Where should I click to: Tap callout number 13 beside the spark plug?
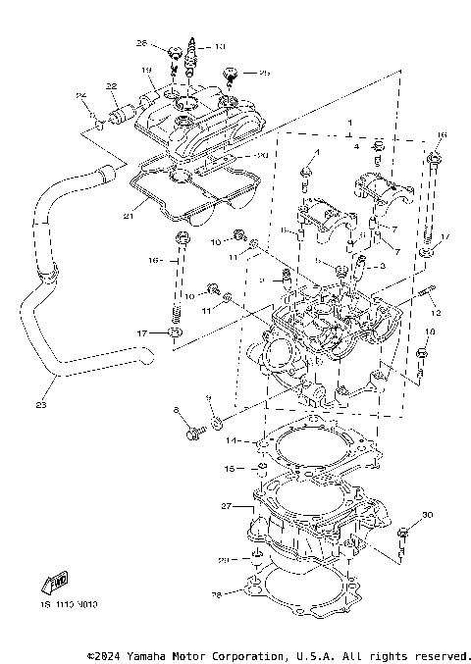tap(219, 46)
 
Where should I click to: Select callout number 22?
tap(112, 86)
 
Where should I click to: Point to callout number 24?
tap(82, 95)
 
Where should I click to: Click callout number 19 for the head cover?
tap(145, 71)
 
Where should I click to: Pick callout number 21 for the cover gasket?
tap(129, 216)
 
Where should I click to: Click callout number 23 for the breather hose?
tap(40, 403)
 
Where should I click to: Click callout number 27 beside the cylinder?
tap(227, 506)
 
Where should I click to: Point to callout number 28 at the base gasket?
tap(218, 593)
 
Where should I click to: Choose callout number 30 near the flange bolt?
tap(426, 515)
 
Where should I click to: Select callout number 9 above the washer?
tap(207, 397)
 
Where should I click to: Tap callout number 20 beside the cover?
tap(261, 156)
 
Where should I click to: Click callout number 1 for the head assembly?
tap(348, 125)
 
